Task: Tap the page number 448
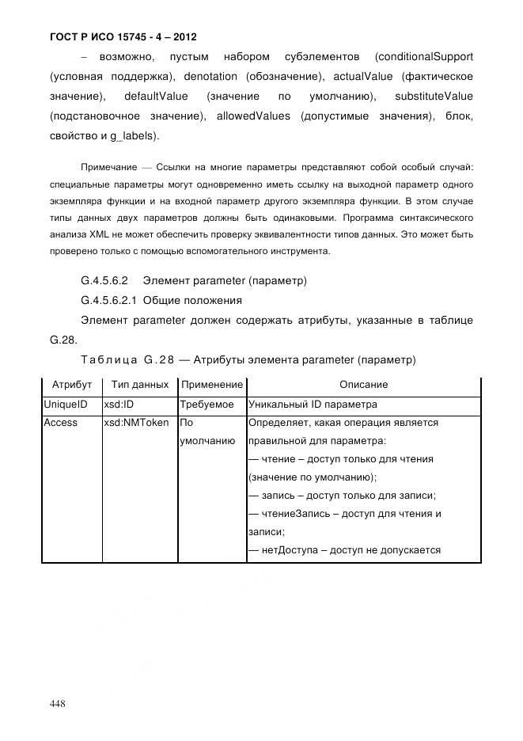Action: coord(58,704)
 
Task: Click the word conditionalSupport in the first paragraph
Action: coord(426,57)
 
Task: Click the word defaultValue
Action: coord(156,97)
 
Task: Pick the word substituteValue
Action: coord(434,97)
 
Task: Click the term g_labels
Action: coord(136,136)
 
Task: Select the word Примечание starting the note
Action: coord(106,168)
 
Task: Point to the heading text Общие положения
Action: coord(192,301)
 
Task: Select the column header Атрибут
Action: coord(72,385)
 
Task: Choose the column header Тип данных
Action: coord(140,385)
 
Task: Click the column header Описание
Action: coord(363,385)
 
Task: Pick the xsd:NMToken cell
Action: coord(136,423)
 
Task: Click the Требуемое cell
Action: coord(207,404)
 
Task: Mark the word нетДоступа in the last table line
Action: coord(291,551)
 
